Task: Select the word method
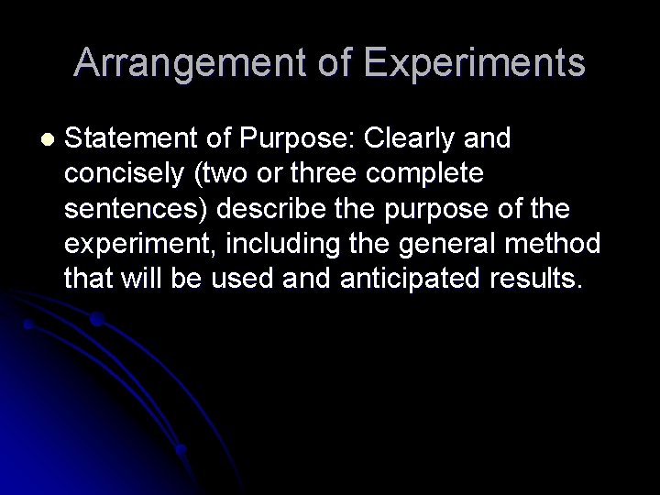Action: (561, 244)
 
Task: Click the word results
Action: (537, 279)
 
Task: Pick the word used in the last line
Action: (242, 279)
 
